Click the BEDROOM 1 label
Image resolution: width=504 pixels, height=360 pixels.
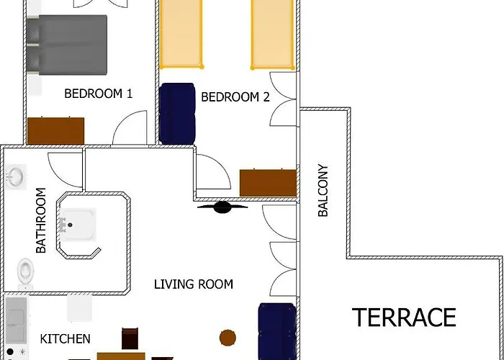tap(99, 93)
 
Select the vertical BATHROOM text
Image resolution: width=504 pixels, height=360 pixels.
tap(41, 220)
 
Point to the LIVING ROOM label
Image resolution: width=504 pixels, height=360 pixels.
tap(194, 284)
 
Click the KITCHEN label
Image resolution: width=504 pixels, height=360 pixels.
tap(65, 338)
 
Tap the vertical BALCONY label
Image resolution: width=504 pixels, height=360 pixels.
tap(323, 191)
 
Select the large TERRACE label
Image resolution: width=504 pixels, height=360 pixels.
tap(404, 318)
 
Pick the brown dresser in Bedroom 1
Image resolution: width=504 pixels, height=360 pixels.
tap(55, 131)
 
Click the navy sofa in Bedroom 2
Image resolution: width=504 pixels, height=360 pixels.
tap(178, 114)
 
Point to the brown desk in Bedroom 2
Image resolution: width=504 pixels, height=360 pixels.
tap(268, 183)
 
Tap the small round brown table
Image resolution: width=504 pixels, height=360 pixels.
tap(228, 337)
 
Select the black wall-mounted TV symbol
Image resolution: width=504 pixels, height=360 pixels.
tap(223, 208)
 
